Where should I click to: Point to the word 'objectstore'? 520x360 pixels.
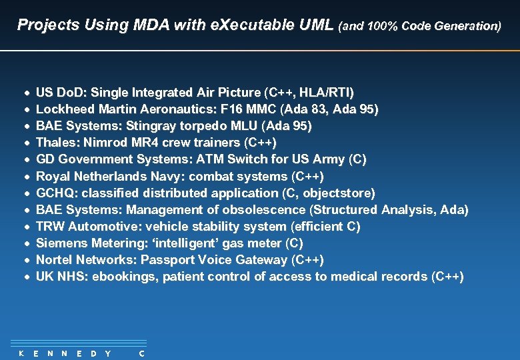[x=338, y=193]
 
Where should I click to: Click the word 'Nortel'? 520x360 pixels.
[x=53, y=259]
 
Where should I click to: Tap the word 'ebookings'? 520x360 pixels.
[x=119, y=276]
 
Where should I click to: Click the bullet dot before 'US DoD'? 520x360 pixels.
[x=25, y=92]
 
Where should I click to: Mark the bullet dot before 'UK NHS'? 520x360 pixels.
[x=25, y=276]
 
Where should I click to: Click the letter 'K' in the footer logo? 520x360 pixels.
[x=21, y=353]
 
